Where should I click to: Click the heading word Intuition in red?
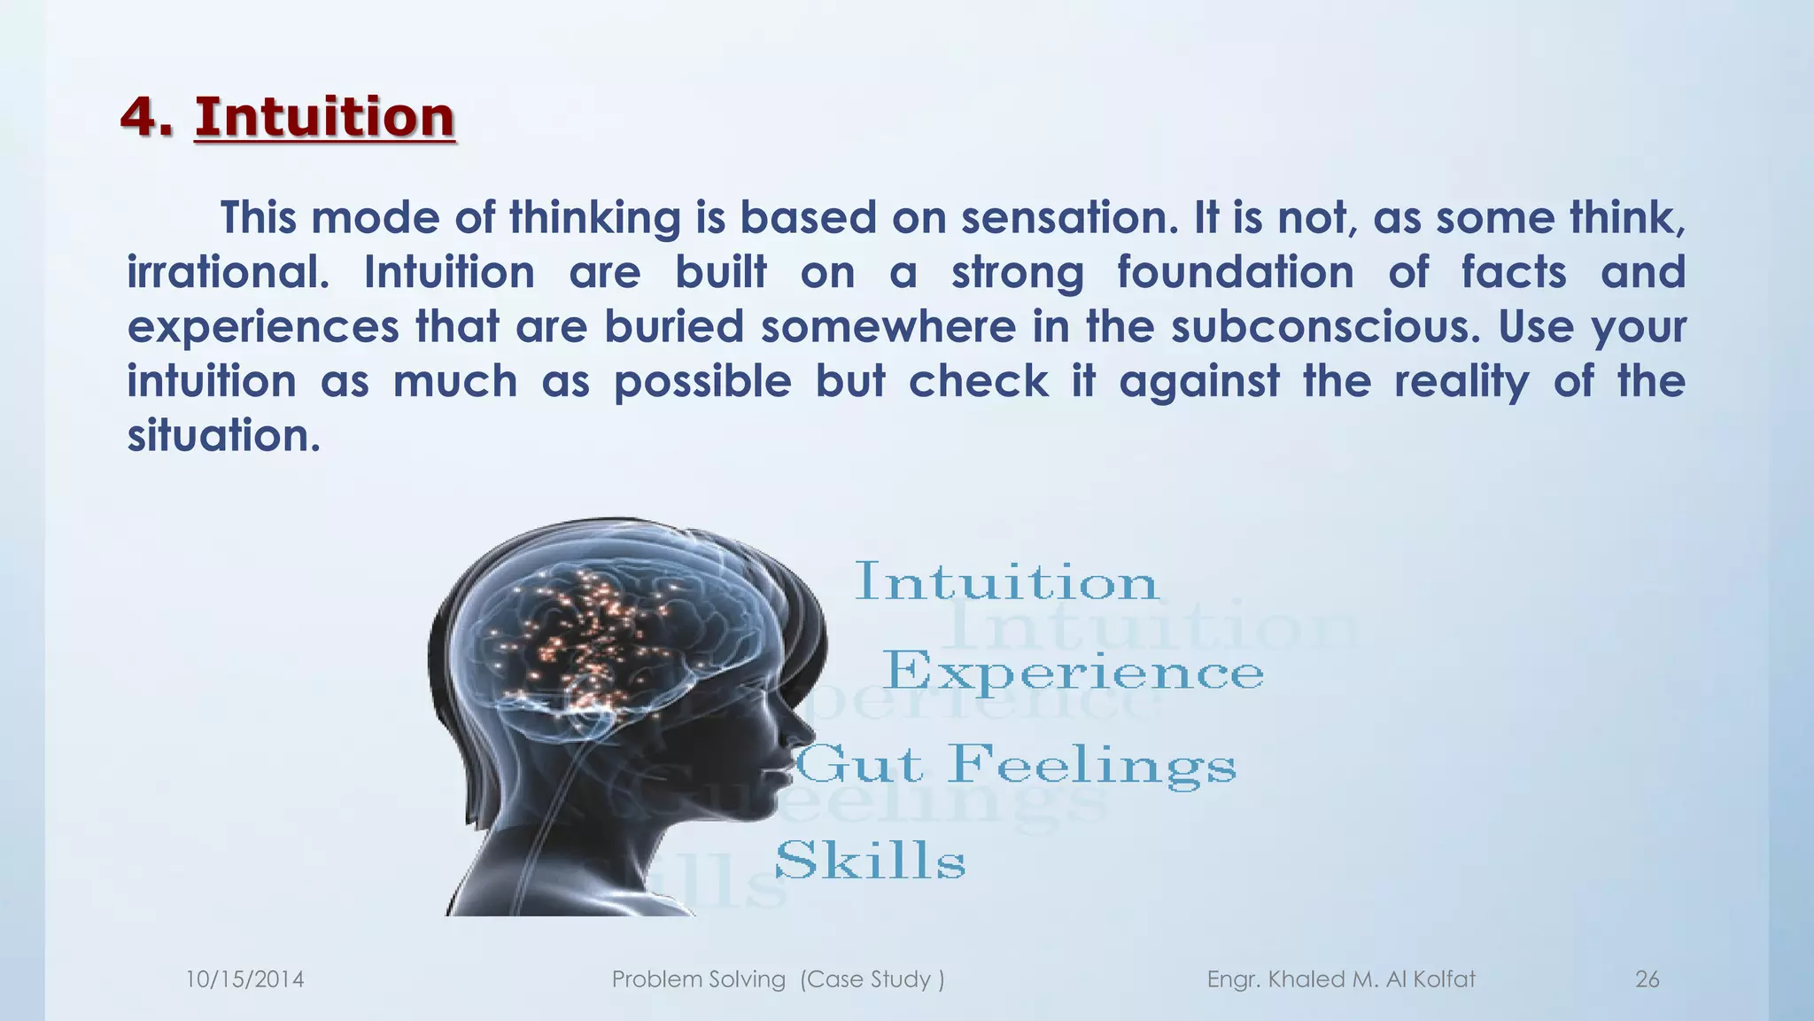pos(324,117)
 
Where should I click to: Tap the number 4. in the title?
pos(146,117)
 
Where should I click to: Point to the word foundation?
pos(1235,273)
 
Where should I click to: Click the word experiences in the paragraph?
pos(263,327)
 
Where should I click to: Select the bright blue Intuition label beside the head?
pos(1005,583)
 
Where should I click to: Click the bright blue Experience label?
pos(1073,672)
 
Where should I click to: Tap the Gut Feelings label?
pos(1015,765)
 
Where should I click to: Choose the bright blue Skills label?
pos(870,861)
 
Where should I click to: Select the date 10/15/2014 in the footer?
pos(244,979)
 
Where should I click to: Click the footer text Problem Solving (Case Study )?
pos(778,979)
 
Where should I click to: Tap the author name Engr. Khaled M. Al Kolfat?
pos(1340,979)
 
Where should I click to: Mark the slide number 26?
pos(1647,979)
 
